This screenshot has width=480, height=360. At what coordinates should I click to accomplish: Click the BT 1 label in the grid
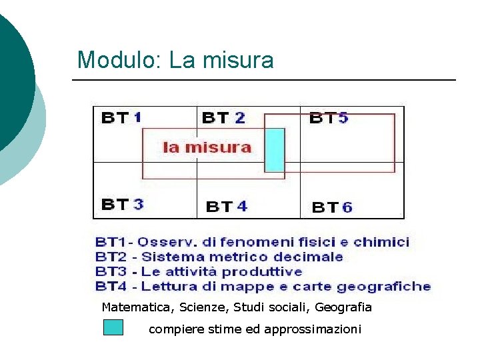click(121, 118)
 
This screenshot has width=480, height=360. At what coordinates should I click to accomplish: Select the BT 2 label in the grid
click(223, 118)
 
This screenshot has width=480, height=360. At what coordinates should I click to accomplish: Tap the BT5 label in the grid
click(329, 118)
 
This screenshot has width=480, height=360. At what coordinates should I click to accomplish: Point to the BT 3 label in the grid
click(122, 204)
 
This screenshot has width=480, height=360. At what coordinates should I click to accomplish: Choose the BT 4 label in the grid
click(227, 207)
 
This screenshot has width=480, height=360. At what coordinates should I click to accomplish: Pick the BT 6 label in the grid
click(332, 207)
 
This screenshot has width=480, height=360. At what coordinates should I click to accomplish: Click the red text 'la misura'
click(207, 147)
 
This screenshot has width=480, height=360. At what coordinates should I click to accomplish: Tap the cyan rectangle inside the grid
click(275, 150)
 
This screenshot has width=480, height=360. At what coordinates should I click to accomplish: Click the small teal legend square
click(113, 327)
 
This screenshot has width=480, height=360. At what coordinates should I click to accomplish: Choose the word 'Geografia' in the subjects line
click(343, 307)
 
